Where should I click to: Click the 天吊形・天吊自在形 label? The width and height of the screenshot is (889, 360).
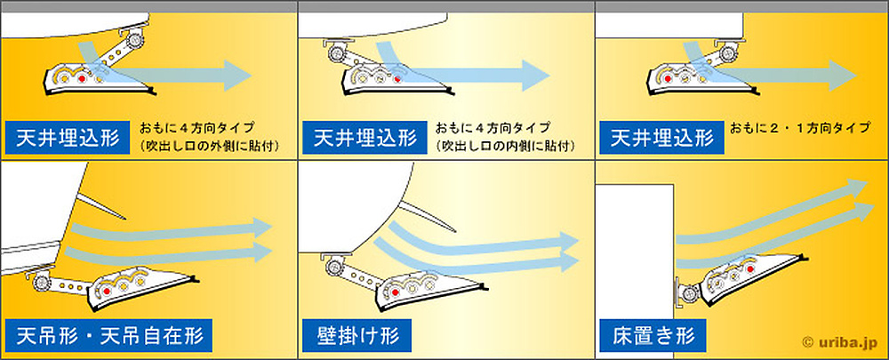110,337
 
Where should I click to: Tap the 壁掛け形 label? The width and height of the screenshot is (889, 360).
356,337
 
